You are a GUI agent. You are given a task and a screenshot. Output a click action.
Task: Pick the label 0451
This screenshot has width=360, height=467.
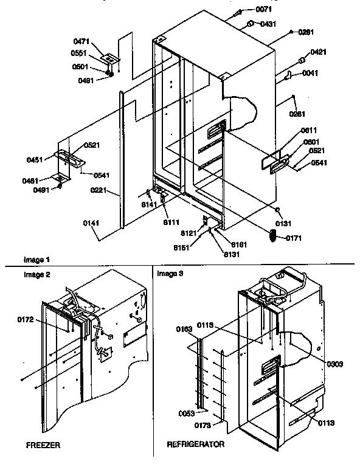[35, 160]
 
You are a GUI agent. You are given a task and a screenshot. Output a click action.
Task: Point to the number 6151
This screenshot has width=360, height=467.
[196, 247]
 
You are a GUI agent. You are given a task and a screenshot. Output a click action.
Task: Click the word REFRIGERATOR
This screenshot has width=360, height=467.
[196, 445]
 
